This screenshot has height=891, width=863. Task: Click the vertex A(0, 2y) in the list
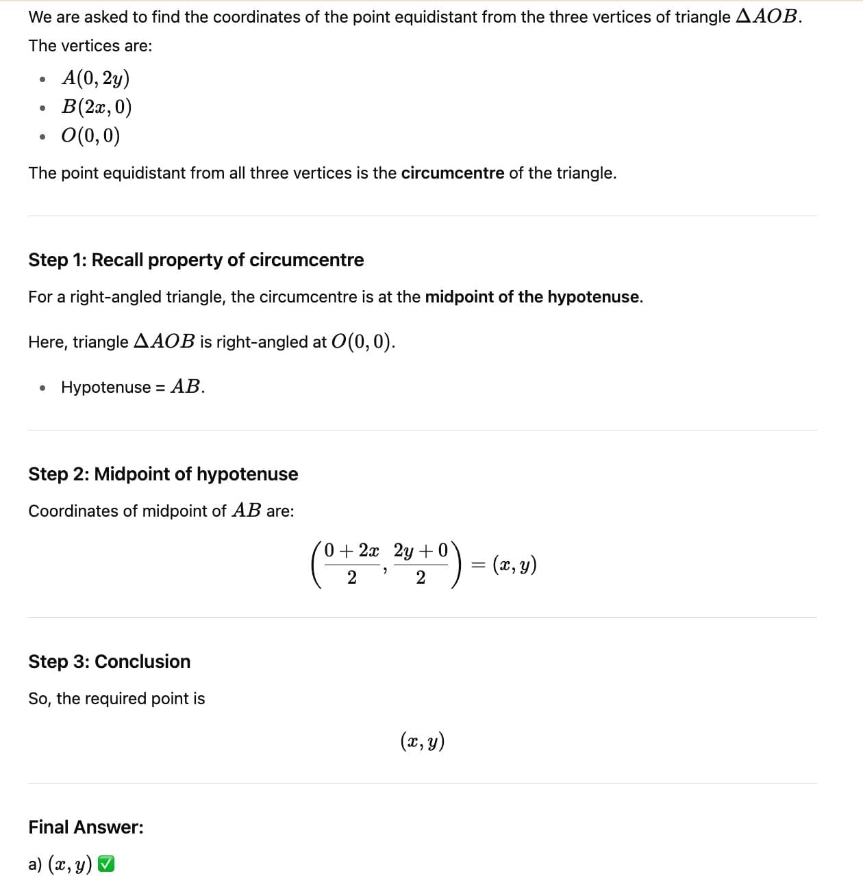coord(95,79)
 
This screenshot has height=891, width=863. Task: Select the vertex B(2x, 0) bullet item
coord(97,107)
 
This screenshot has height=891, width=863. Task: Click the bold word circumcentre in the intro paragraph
coord(452,173)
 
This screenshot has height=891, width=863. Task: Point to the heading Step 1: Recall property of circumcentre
coord(196,260)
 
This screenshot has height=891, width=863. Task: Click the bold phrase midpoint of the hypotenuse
coord(533,297)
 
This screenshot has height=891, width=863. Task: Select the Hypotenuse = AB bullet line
coord(133,387)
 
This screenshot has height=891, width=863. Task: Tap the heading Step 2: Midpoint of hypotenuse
coord(163,474)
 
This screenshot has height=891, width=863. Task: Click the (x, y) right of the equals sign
coord(514,565)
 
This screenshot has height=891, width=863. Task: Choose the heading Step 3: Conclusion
coord(110,662)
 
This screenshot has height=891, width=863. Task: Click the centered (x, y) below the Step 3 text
coord(423,741)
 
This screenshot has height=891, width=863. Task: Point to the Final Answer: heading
coord(86,827)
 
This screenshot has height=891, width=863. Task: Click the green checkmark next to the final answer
coord(106,864)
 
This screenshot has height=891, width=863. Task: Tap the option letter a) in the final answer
coord(35,865)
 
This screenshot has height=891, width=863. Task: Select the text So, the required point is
coord(116,699)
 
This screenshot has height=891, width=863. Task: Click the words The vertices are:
coord(90,46)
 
